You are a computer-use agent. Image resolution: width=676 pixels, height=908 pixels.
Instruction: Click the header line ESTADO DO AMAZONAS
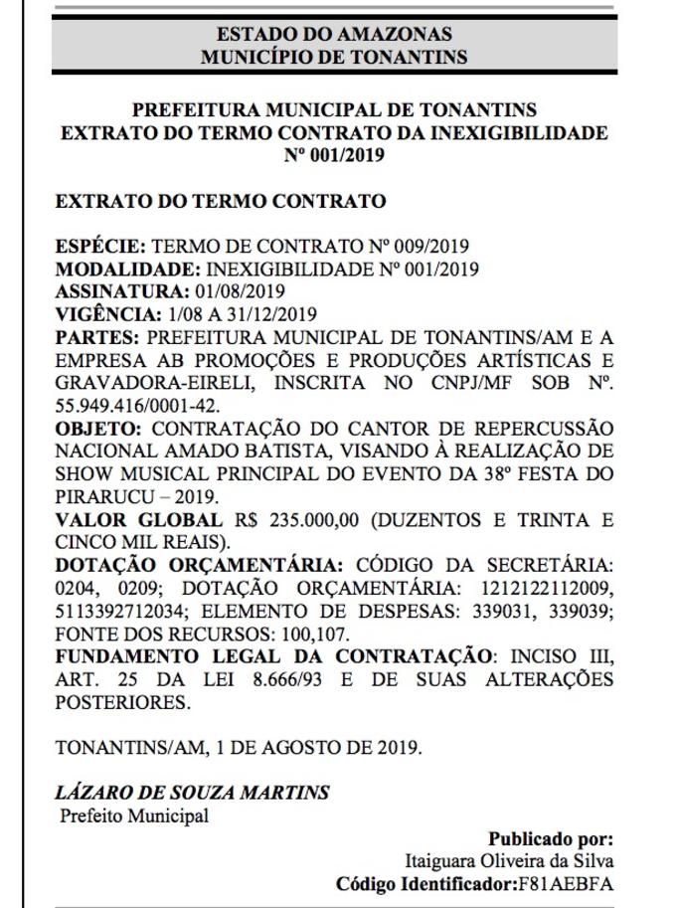pos(333,35)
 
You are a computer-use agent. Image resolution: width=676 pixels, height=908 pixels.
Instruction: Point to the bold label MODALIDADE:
pos(128,269)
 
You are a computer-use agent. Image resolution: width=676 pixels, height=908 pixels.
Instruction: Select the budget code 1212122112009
pos(554,589)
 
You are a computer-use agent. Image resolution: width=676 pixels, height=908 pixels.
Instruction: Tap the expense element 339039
pos(578,612)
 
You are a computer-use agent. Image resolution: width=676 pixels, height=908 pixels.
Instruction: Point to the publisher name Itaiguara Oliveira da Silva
pos(509,861)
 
